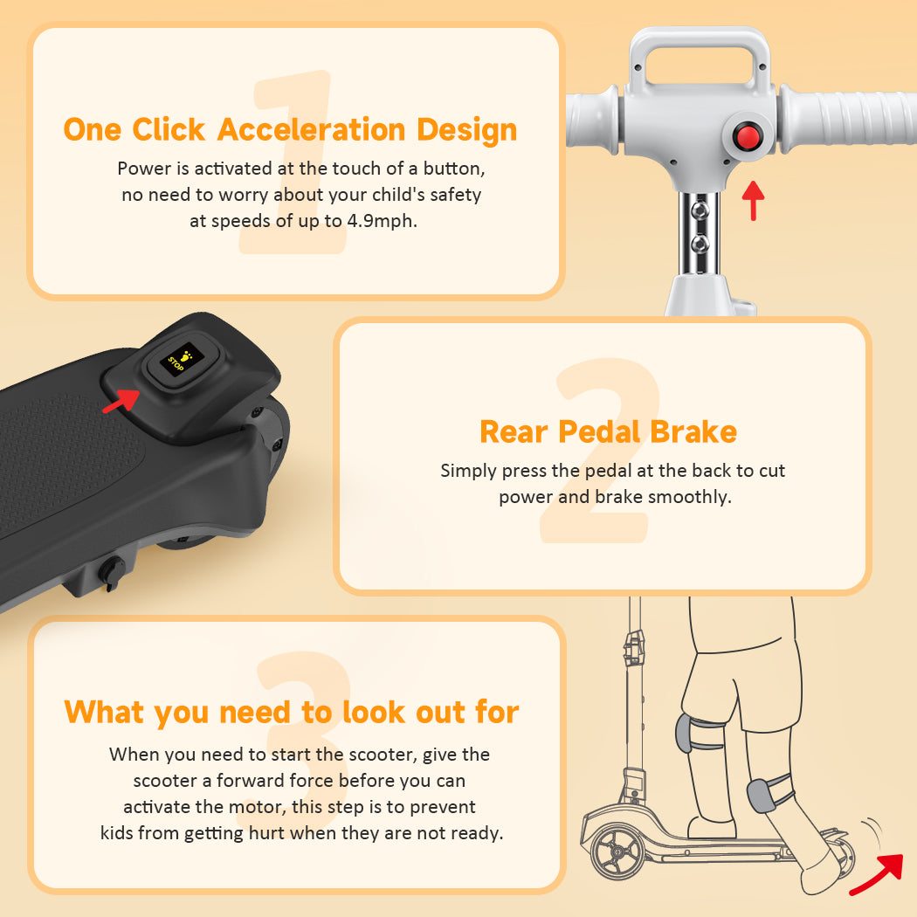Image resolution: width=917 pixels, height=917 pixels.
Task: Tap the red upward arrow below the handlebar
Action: click(753, 201)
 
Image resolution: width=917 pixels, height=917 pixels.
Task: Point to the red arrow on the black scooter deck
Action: click(121, 401)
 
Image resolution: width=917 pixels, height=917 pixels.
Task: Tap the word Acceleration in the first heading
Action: click(311, 129)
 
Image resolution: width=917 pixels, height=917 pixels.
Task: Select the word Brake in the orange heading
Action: click(693, 432)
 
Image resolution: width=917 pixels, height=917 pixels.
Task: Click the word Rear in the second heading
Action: click(514, 432)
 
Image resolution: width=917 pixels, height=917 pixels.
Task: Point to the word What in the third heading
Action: click(104, 713)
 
